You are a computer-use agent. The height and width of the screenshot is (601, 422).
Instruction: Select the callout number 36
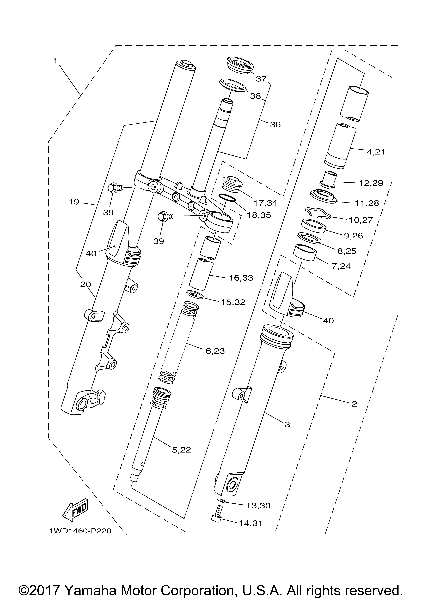[x=275, y=125]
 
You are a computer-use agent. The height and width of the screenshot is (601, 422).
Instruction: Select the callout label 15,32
[x=233, y=302]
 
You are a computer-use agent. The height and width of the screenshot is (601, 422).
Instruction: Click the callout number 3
[x=287, y=425]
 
